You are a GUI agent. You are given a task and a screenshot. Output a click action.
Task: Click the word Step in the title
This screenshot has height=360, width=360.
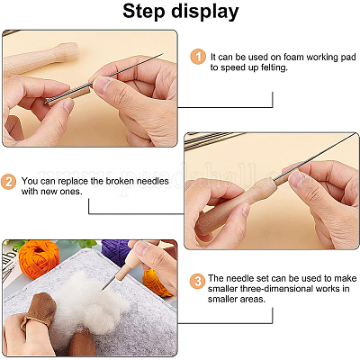coord(143,12)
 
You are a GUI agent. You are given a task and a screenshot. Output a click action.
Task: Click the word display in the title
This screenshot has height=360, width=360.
coord(205,13)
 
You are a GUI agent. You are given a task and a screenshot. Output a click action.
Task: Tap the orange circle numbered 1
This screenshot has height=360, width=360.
coord(198,57)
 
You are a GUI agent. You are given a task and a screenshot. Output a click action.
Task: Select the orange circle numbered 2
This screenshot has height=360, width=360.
coord(8,182)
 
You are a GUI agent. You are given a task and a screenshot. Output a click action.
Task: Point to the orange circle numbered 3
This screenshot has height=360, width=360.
coord(197,282)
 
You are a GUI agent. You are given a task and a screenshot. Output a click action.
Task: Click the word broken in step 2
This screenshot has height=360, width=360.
coord(120,181)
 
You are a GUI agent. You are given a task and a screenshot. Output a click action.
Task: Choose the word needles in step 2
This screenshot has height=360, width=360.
coord(153,181)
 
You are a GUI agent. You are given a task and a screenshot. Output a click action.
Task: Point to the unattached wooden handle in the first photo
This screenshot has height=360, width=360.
coord(40,58)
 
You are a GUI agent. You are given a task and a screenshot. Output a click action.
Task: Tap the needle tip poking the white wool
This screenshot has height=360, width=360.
coord(103,289)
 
